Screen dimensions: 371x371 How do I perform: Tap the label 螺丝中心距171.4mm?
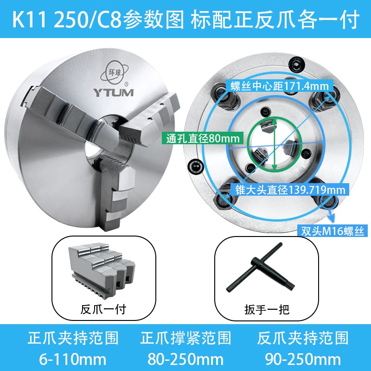pyautogui.click(x=277, y=86)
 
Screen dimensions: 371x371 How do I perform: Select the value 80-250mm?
pyautogui.click(x=185, y=358)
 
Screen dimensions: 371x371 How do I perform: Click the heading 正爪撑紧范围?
pyautogui.click(x=185, y=338)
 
